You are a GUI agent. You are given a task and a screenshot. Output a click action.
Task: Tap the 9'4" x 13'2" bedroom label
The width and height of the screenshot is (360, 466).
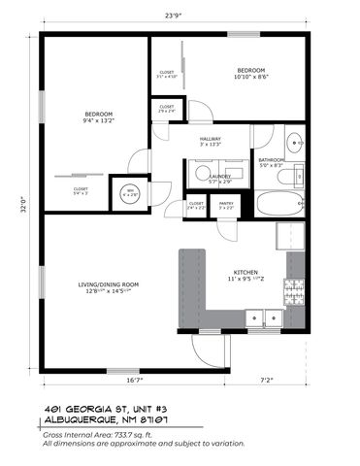[x=99, y=117]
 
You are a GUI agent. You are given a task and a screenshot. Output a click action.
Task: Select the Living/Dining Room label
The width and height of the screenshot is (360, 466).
[x=109, y=286]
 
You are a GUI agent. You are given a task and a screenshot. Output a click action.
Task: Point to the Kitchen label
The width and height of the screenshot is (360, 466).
[x=244, y=275]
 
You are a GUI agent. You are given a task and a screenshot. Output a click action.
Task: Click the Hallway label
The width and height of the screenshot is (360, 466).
[x=211, y=142]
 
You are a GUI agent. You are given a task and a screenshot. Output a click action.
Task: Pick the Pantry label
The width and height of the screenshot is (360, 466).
[x=226, y=204]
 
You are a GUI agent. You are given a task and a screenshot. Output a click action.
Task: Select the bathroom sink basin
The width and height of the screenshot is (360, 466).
[x=295, y=138]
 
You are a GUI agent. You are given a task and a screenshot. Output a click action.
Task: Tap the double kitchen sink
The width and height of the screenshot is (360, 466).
[x=264, y=316]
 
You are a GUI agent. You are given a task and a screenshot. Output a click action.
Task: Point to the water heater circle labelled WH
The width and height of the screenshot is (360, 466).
[x=130, y=192]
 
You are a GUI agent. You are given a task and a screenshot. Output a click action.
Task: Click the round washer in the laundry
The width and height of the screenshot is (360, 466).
[x=202, y=174]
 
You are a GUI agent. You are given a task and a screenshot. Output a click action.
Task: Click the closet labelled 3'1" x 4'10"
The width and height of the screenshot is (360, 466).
[x=166, y=74]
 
